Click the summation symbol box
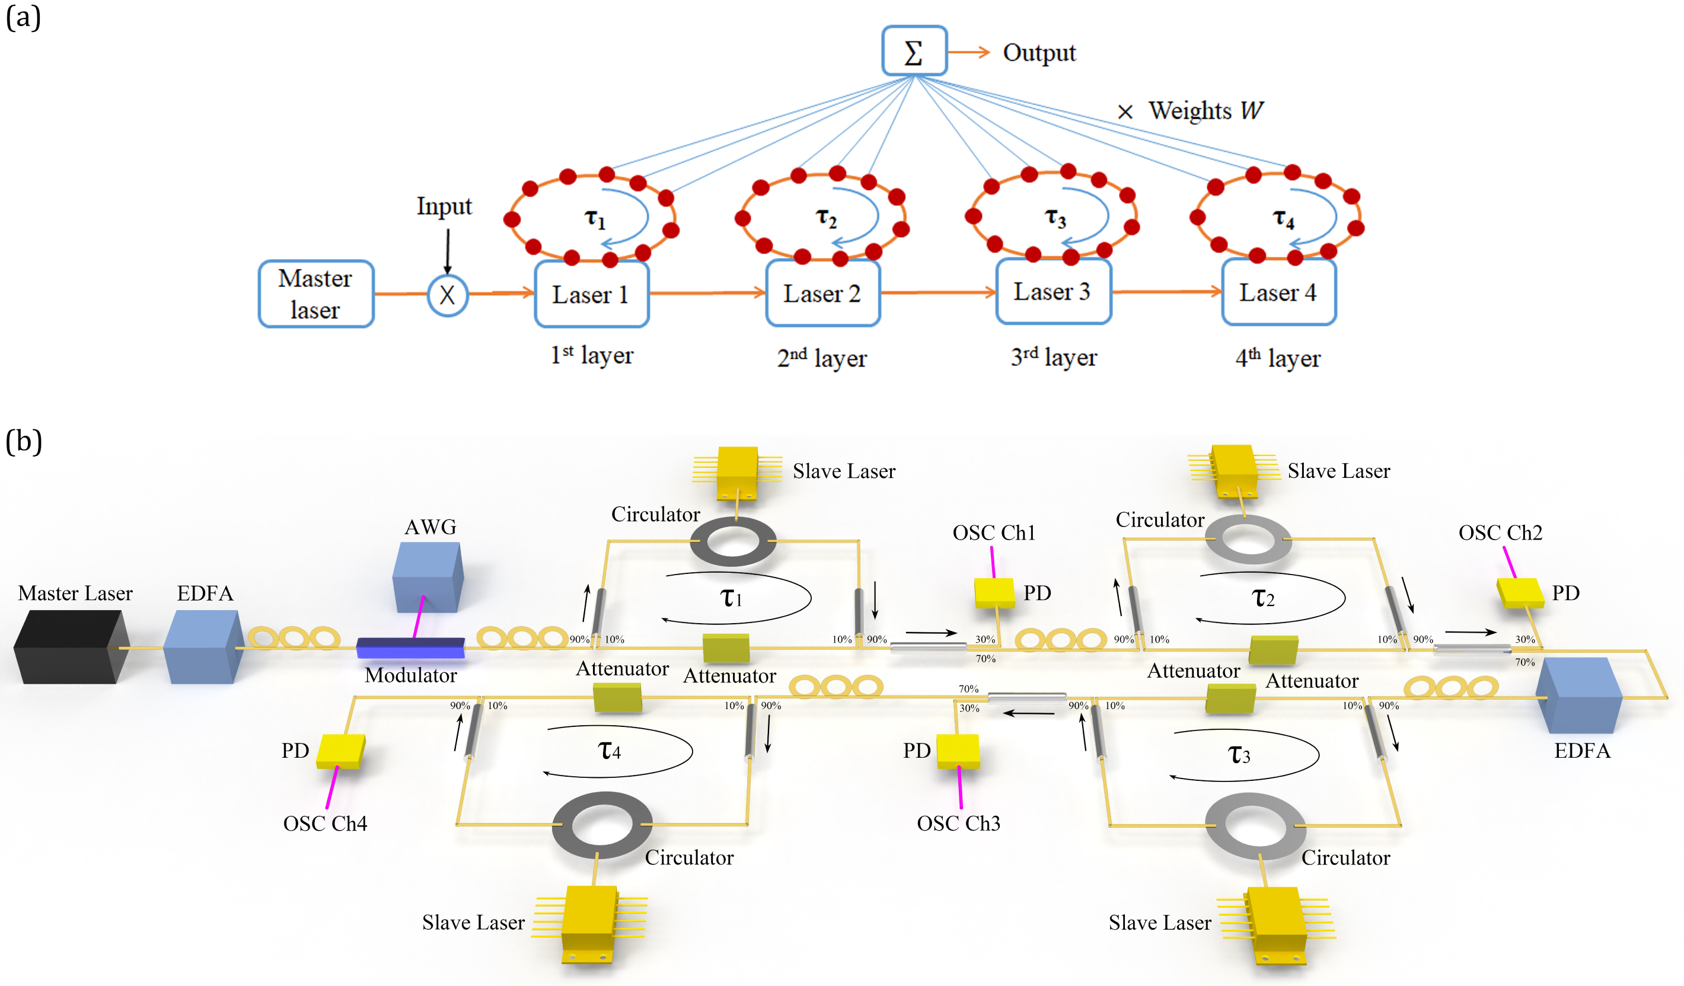pyautogui.click(x=914, y=51)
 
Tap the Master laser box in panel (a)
pyautogui.click(x=315, y=294)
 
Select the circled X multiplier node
pyautogui.click(x=447, y=295)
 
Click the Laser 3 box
pyautogui.click(x=1052, y=292)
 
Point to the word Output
pyautogui.click(x=1038, y=53)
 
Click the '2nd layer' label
pyautogui.click(x=821, y=359)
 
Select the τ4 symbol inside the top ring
pyautogui.click(x=1283, y=218)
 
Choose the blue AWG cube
pyautogui.click(x=428, y=576)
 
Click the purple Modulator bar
pyautogui.click(x=410, y=647)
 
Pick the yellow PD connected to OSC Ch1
pyautogui.click(x=994, y=592)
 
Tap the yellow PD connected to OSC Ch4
pyautogui.click(x=340, y=751)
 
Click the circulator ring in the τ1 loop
pyautogui.click(x=732, y=541)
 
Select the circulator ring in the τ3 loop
pyautogui.click(x=1254, y=827)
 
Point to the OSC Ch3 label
pyautogui.click(x=958, y=823)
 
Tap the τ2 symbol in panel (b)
pyautogui.click(x=1262, y=597)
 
